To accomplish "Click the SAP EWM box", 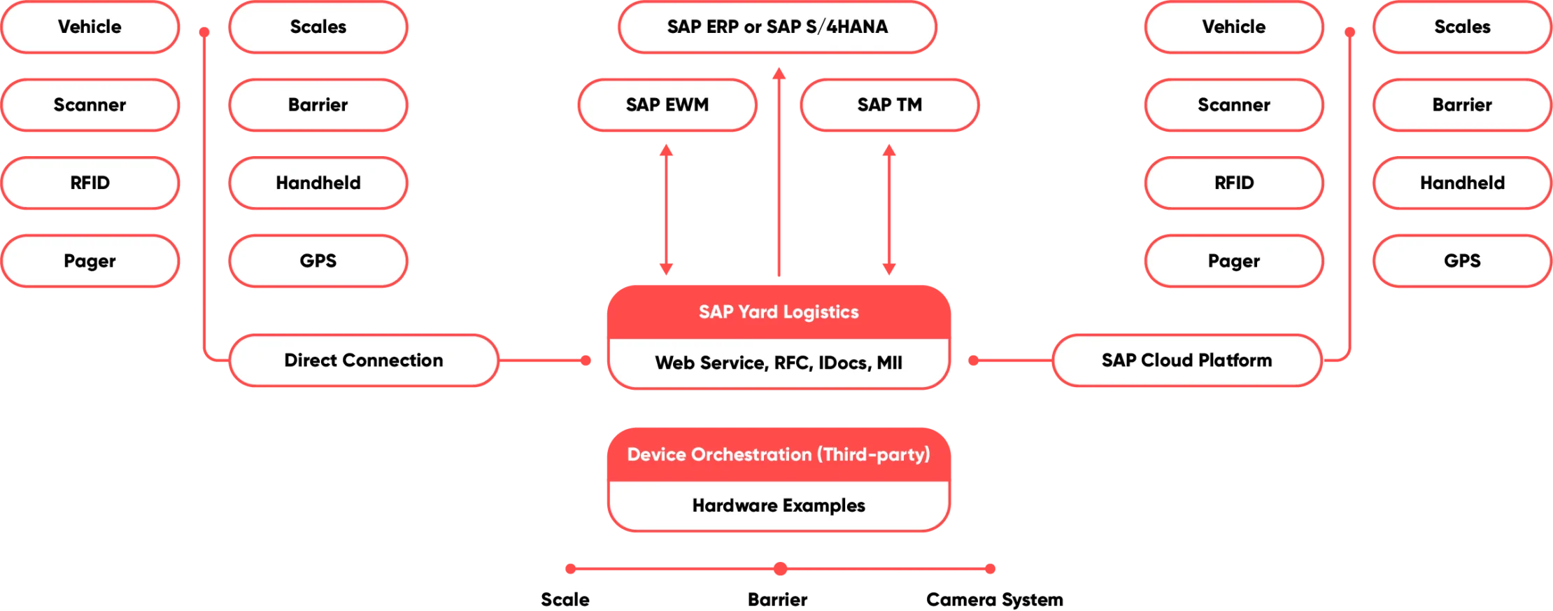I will click(x=667, y=105).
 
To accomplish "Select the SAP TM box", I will click(x=889, y=105).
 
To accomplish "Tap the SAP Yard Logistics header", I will click(x=779, y=312).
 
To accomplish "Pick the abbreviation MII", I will click(x=889, y=363).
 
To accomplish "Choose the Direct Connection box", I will click(x=364, y=360).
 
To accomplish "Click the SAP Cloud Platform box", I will click(x=1186, y=360).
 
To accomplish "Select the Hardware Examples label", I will click(x=779, y=505).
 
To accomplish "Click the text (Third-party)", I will click(x=874, y=455).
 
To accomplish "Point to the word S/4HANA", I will click(x=846, y=27).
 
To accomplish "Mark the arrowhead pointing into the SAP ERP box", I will click(x=778, y=72).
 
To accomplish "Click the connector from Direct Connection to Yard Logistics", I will click(x=546, y=360).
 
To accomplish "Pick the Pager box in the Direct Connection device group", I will click(x=90, y=261).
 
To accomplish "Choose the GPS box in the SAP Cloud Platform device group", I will click(x=1462, y=261).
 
